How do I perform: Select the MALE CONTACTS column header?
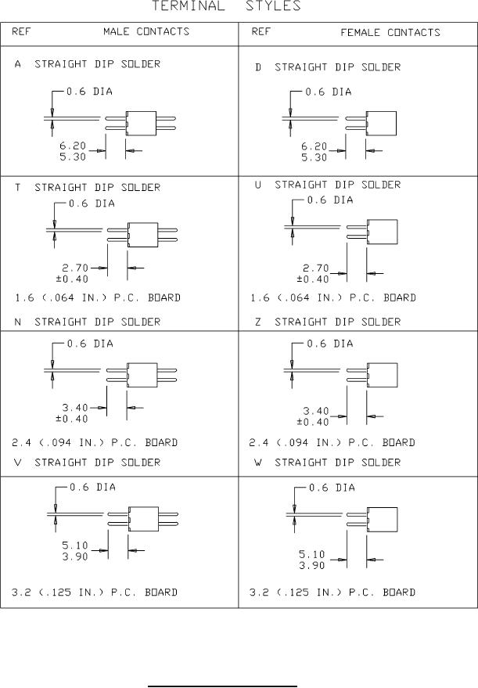pos(146,32)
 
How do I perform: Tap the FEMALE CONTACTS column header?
pos(390,33)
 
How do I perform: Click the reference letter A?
pos(18,64)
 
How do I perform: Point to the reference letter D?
pos(258,67)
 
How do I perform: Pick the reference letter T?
pos(18,188)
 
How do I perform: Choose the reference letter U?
pos(258,185)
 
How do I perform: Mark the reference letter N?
pos(18,321)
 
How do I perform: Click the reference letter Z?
pos(258,321)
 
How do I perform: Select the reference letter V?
pos(18,463)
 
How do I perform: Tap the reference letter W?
pos(258,463)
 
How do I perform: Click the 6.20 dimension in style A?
pos(73,146)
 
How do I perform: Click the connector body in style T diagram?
pos(142,235)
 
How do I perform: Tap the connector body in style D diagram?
pos(382,123)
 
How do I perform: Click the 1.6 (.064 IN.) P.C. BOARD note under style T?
pos(98,298)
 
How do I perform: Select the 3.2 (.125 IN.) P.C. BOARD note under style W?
pos(332,593)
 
